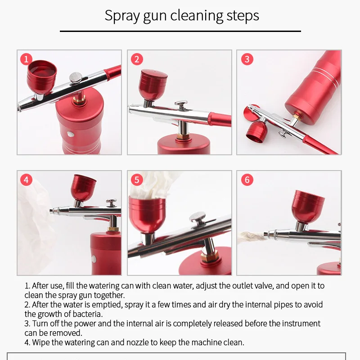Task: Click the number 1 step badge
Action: [26, 59]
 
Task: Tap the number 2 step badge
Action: [137, 59]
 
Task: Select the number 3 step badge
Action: [247, 59]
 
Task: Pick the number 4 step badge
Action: [26, 180]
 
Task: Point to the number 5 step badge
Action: [137, 180]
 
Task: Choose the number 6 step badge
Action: [247, 180]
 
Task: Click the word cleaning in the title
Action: [195, 16]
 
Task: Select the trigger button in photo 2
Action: [181, 105]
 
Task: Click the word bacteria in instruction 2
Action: [90, 314]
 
